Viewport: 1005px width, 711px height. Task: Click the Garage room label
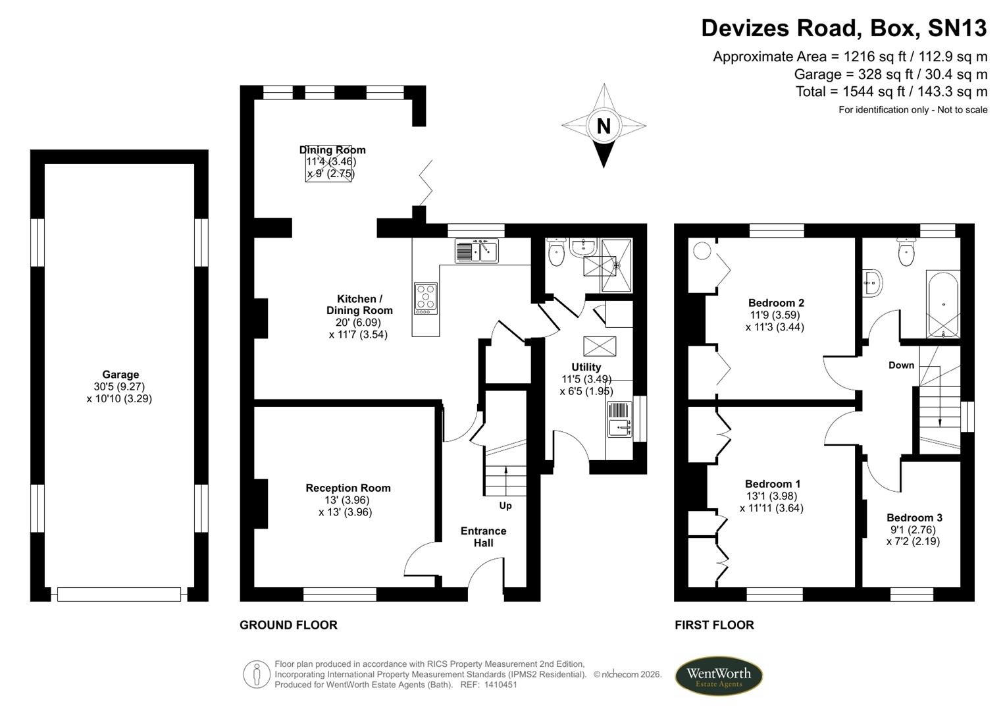(120, 375)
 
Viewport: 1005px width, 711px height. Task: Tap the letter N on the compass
(604, 125)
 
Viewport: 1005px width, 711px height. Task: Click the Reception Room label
(348, 488)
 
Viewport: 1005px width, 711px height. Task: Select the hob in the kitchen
(426, 298)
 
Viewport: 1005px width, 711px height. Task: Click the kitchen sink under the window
(477, 251)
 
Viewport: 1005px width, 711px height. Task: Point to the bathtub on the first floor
(943, 304)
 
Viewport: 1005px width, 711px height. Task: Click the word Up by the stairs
(505, 506)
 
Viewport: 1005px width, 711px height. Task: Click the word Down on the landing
(901, 365)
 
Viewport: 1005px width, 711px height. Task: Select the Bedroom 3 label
(914, 517)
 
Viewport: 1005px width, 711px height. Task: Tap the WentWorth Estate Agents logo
(719, 676)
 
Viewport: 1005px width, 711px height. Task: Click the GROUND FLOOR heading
(288, 625)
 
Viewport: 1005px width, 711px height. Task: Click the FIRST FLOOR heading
(714, 625)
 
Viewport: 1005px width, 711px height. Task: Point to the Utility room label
(586, 367)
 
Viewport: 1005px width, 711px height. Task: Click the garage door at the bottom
(119, 594)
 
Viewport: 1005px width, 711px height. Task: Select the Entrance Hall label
(483, 537)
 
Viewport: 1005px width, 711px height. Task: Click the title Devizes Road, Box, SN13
(844, 28)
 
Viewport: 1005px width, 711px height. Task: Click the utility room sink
(619, 419)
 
